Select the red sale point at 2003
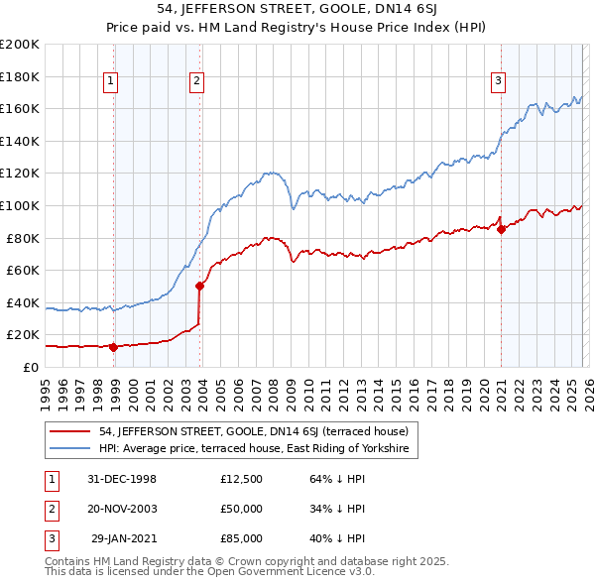coord(199,286)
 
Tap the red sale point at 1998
coord(114,347)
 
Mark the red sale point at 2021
coord(502,229)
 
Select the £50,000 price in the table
coord(242,509)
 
